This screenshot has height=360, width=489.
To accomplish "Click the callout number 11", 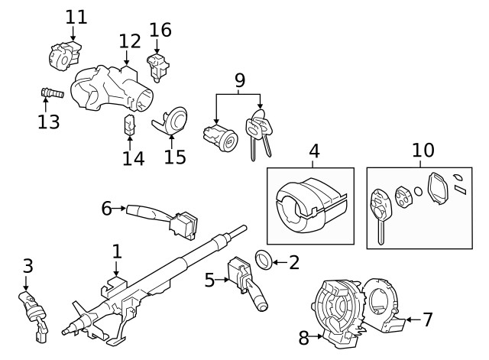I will (76, 16).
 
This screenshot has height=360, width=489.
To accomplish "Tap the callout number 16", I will (160, 30).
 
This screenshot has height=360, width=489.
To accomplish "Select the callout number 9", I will (239, 79).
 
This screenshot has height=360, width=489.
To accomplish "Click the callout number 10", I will (423, 150).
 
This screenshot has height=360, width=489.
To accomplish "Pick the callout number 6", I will (107, 207).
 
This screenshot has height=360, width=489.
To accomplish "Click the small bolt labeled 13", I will (50, 93).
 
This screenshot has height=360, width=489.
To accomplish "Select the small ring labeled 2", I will (260, 261).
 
